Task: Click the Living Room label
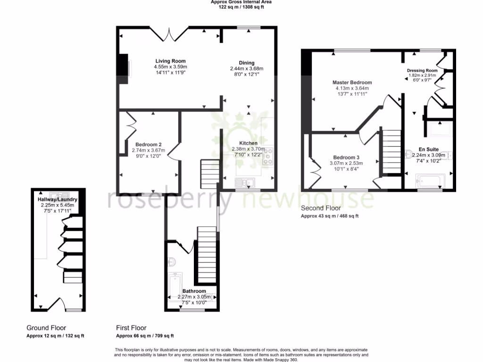171,61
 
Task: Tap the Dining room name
246,63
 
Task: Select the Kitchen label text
248,143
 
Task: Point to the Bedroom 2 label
149,145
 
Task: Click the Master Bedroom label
351,82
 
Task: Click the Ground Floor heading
46,328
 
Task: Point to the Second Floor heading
321,208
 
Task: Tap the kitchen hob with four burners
268,156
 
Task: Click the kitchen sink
244,182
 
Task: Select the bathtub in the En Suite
430,181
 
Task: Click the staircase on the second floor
391,152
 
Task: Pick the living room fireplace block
123,68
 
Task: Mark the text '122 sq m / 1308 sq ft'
241,7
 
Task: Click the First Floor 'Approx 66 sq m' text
145,336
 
